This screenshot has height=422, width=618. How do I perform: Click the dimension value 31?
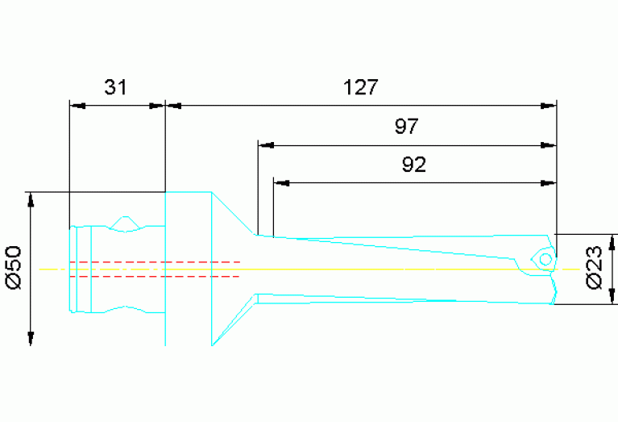(x=116, y=87)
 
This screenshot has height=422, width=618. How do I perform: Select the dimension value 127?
(x=360, y=87)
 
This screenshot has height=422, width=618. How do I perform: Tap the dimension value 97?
(x=407, y=127)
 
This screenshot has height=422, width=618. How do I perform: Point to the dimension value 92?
(x=413, y=165)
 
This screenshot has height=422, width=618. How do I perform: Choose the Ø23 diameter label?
(x=595, y=269)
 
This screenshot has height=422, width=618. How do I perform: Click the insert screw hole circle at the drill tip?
(x=545, y=259)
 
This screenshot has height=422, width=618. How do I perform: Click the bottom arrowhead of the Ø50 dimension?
(x=31, y=338)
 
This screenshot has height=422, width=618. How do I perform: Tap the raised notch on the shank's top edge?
(x=126, y=220)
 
